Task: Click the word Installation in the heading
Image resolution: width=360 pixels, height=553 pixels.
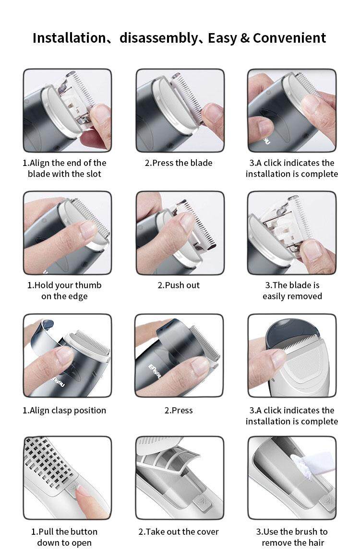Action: [69, 38]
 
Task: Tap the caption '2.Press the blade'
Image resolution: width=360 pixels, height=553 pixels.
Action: [179, 163]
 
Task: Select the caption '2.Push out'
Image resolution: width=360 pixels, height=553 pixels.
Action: [179, 285]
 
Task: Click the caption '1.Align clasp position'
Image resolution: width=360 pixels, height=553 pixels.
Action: [64, 411]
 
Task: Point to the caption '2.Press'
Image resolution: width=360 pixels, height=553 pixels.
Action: [179, 411]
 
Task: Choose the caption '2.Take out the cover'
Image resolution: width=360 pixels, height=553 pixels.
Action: [179, 532]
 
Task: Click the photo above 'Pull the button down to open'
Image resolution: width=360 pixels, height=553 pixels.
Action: [67, 478]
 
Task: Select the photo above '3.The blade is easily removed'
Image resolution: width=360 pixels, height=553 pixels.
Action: [292, 233]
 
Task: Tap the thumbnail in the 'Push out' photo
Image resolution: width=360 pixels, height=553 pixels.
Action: [186, 222]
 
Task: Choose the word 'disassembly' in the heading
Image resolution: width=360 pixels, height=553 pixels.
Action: [159, 38]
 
